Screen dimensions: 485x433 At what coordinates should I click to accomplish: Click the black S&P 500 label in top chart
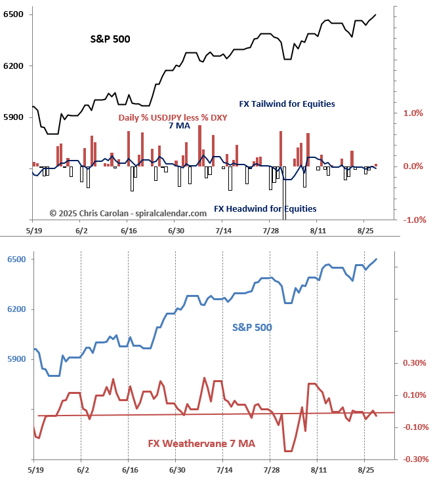(110, 39)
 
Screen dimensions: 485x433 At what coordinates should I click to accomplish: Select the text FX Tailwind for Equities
(287, 104)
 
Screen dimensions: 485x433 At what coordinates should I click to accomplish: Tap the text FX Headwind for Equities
(265, 208)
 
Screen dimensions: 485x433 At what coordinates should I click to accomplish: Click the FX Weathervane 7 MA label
(201, 444)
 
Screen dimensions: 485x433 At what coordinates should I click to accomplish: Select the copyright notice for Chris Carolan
(123, 212)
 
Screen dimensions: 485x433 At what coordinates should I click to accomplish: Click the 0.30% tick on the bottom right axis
(414, 363)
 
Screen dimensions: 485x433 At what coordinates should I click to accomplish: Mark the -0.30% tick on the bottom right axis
(413, 459)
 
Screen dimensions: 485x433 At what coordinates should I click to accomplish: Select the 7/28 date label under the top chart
(271, 231)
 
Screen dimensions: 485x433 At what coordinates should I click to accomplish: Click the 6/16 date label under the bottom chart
(129, 470)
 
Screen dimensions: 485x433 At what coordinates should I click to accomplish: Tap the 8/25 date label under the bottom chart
(365, 470)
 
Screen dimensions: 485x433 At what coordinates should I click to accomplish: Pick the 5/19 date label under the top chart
(34, 231)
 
